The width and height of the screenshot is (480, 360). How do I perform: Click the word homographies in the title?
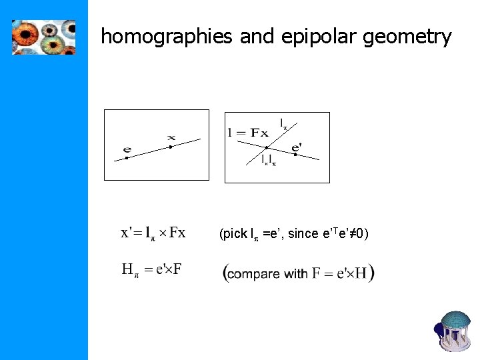click(166, 37)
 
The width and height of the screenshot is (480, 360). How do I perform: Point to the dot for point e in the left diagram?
click(127, 158)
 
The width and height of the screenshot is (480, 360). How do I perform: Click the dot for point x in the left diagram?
click(171, 146)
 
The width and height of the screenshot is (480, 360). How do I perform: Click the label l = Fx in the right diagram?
click(247, 133)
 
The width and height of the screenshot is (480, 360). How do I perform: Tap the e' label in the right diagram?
click(297, 147)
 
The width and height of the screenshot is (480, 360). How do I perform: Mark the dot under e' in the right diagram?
click(295, 155)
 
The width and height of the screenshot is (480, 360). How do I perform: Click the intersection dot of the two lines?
click(267, 147)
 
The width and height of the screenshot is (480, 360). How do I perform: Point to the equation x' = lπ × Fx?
click(153, 233)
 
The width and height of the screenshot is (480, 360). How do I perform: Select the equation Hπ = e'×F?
click(152, 270)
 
